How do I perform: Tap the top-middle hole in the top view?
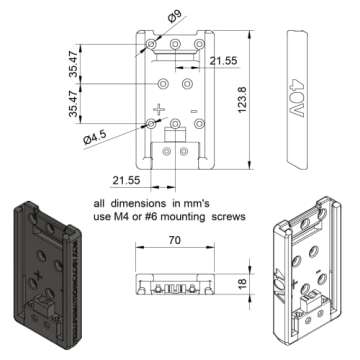click(175, 45)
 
